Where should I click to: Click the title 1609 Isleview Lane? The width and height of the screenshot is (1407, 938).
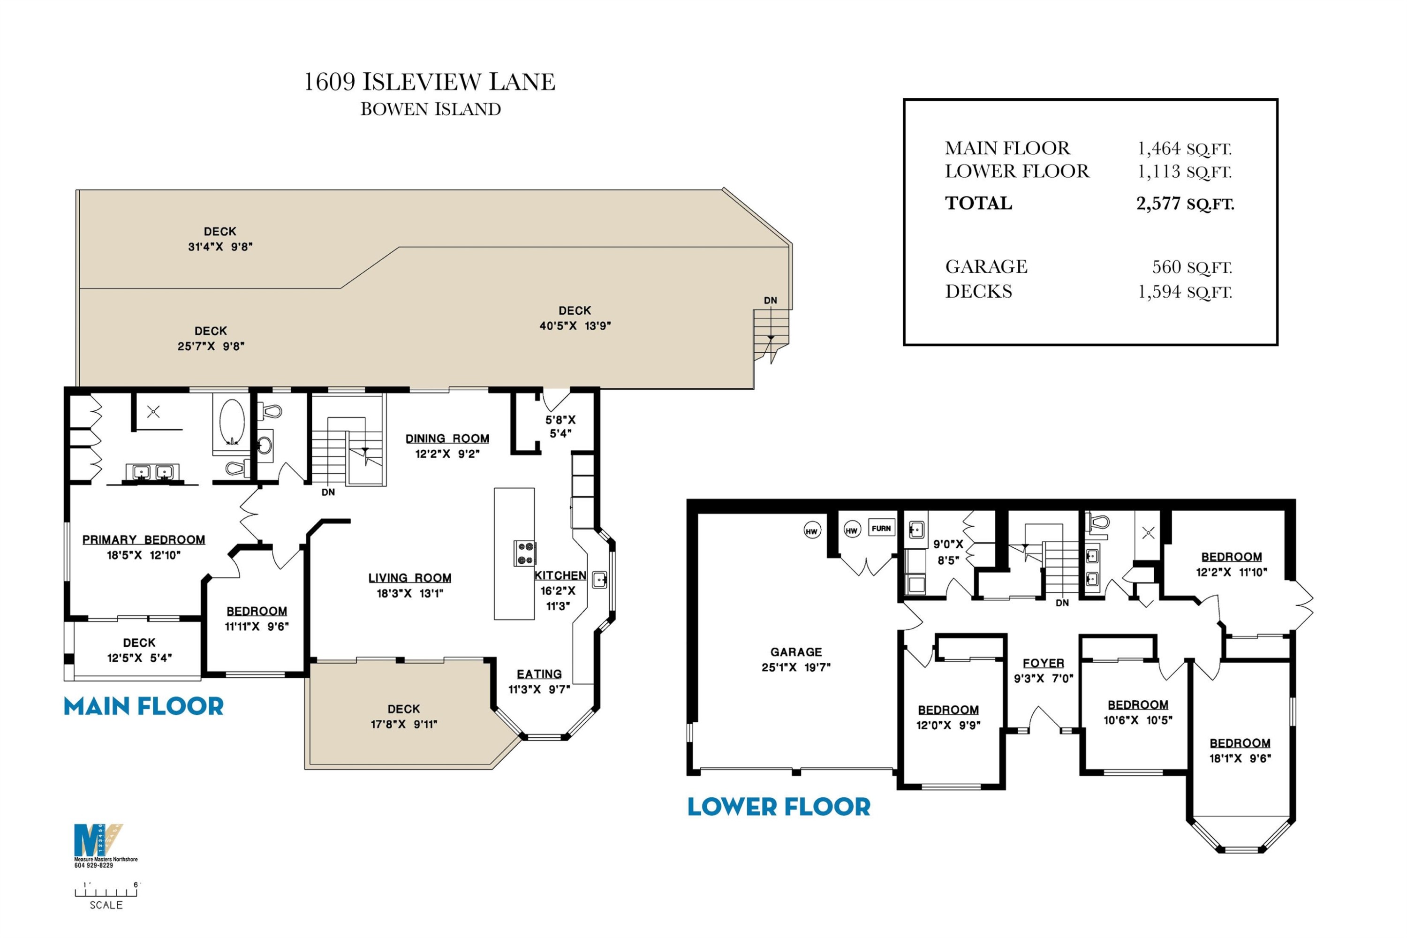[430, 82]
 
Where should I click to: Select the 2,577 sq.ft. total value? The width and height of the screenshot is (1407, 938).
[1185, 204]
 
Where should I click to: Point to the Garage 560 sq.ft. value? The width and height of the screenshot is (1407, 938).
[1192, 267]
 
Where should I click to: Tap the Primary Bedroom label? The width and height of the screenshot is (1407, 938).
[144, 540]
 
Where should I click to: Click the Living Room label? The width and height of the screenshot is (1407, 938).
[410, 578]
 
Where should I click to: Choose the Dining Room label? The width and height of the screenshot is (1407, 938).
[447, 439]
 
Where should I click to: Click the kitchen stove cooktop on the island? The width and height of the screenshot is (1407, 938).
[525, 553]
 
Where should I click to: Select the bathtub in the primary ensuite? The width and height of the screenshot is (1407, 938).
[232, 421]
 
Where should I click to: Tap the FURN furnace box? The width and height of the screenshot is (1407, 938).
[881, 528]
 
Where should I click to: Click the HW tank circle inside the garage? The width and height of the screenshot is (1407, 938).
[812, 530]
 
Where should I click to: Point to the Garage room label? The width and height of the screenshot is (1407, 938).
[796, 652]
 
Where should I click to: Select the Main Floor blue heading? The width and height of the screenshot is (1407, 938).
[144, 706]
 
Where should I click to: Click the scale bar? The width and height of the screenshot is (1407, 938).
[106, 892]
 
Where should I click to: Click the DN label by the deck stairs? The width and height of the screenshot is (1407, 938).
[771, 300]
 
